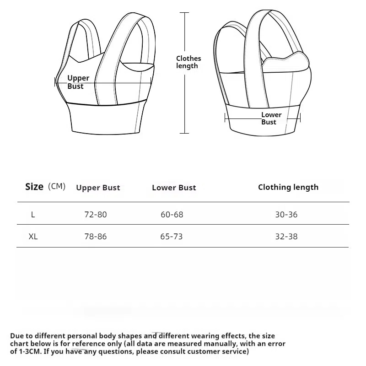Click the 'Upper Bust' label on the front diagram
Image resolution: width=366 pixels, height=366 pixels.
pos(78,82)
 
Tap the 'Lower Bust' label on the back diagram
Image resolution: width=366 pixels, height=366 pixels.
pos(271,118)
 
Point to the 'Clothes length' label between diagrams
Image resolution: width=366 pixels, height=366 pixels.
pos(188,62)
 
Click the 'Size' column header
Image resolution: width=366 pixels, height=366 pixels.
pos(34,187)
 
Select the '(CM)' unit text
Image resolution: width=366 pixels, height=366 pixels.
pos(57,186)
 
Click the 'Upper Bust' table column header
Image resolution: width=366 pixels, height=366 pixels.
pos(98,188)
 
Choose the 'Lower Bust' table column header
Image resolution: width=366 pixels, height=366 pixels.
pos(174,188)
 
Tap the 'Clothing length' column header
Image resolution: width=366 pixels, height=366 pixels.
pos(288,187)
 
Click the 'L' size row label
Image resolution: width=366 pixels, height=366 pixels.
pos(33,215)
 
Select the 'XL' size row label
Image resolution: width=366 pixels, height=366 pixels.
pos(33,237)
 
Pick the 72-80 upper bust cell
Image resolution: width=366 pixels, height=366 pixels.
pos(96,215)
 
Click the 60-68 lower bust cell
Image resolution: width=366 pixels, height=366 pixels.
pos(172,215)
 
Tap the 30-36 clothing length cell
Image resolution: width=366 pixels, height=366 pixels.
pos(286,215)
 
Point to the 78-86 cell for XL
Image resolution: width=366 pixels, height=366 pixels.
pos(96,237)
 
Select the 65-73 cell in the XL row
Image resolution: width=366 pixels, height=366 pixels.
pos(172,237)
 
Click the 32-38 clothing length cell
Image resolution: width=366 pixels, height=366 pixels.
pos(286,237)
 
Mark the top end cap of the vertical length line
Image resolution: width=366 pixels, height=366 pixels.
pos(184,13)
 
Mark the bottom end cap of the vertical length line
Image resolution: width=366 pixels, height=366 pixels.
pos(184,133)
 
